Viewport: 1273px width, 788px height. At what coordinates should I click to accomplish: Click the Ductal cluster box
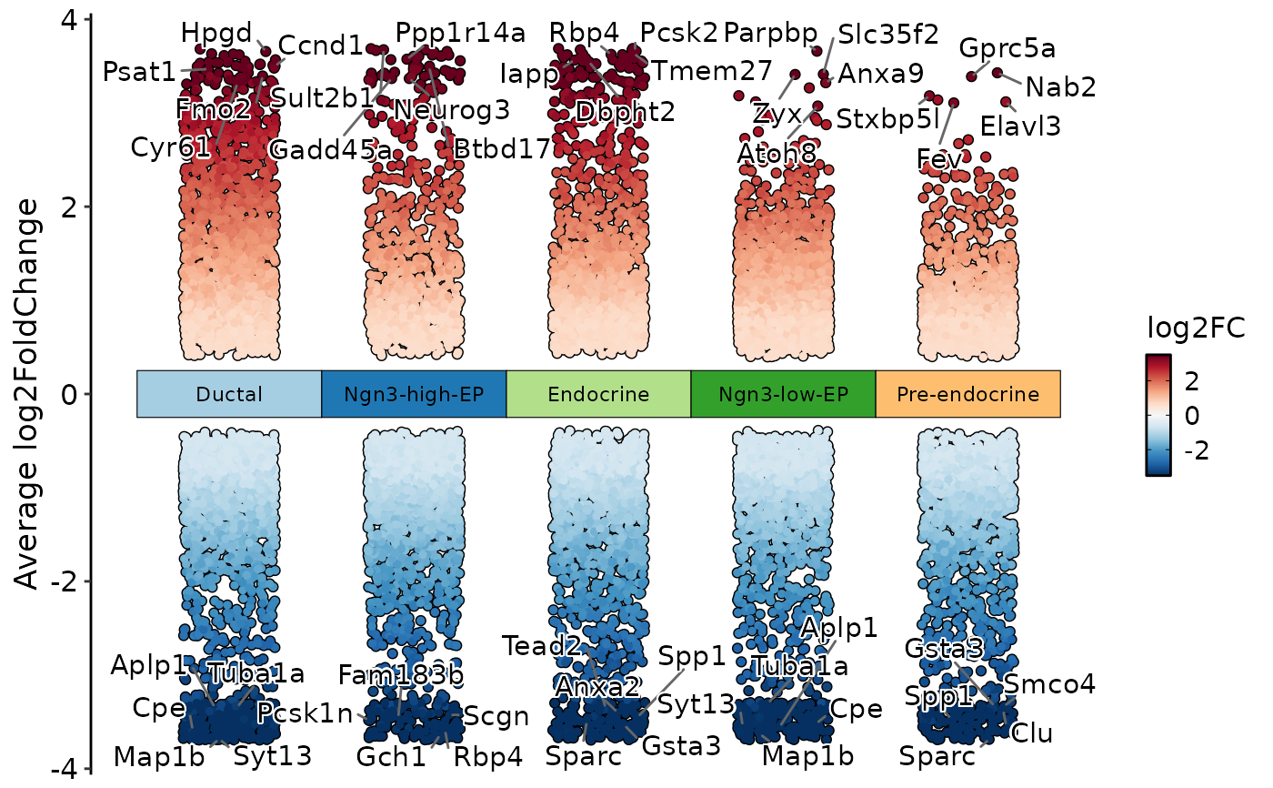pyautogui.click(x=229, y=394)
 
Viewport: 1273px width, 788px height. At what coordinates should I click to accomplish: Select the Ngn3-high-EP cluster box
pyautogui.click(x=414, y=394)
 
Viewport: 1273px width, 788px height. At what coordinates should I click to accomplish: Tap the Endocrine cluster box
pyautogui.click(x=598, y=394)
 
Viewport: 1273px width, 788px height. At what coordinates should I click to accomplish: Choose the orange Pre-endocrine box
pyautogui.click(x=967, y=394)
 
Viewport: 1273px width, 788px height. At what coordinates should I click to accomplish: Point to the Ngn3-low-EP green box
pyautogui.click(x=783, y=394)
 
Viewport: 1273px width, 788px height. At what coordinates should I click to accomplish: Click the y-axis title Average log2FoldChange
pyautogui.click(x=29, y=393)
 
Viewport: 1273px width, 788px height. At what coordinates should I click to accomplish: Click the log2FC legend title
pyautogui.click(x=1195, y=327)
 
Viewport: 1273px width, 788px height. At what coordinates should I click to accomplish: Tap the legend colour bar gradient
pyautogui.click(x=1158, y=414)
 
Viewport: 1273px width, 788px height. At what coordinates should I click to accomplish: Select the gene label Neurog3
pyautogui.click(x=452, y=110)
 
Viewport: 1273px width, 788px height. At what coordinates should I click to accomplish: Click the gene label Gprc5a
pyautogui.click(x=1007, y=48)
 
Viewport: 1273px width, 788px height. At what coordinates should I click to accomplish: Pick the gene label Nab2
pyautogui.click(x=1060, y=87)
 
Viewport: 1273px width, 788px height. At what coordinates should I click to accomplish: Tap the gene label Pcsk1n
pyautogui.click(x=304, y=712)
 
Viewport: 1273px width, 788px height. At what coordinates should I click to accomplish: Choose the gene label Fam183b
pyautogui.click(x=401, y=675)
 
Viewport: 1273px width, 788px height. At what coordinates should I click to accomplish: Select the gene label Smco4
pyautogui.click(x=1049, y=684)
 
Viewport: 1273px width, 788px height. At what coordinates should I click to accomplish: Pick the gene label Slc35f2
pyautogui.click(x=888, y=35)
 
